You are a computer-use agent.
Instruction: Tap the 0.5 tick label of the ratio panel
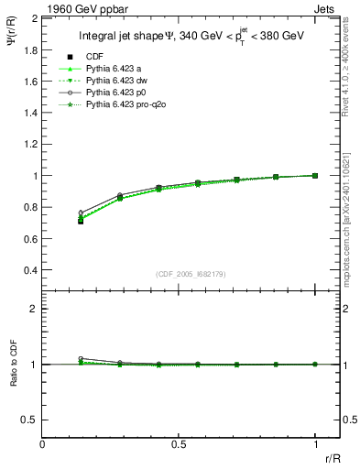point(31,420)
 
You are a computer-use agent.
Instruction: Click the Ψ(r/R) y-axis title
point(12,41)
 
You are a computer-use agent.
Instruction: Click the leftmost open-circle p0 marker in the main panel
point(81,213)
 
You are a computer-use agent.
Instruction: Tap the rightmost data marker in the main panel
point(315,175)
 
